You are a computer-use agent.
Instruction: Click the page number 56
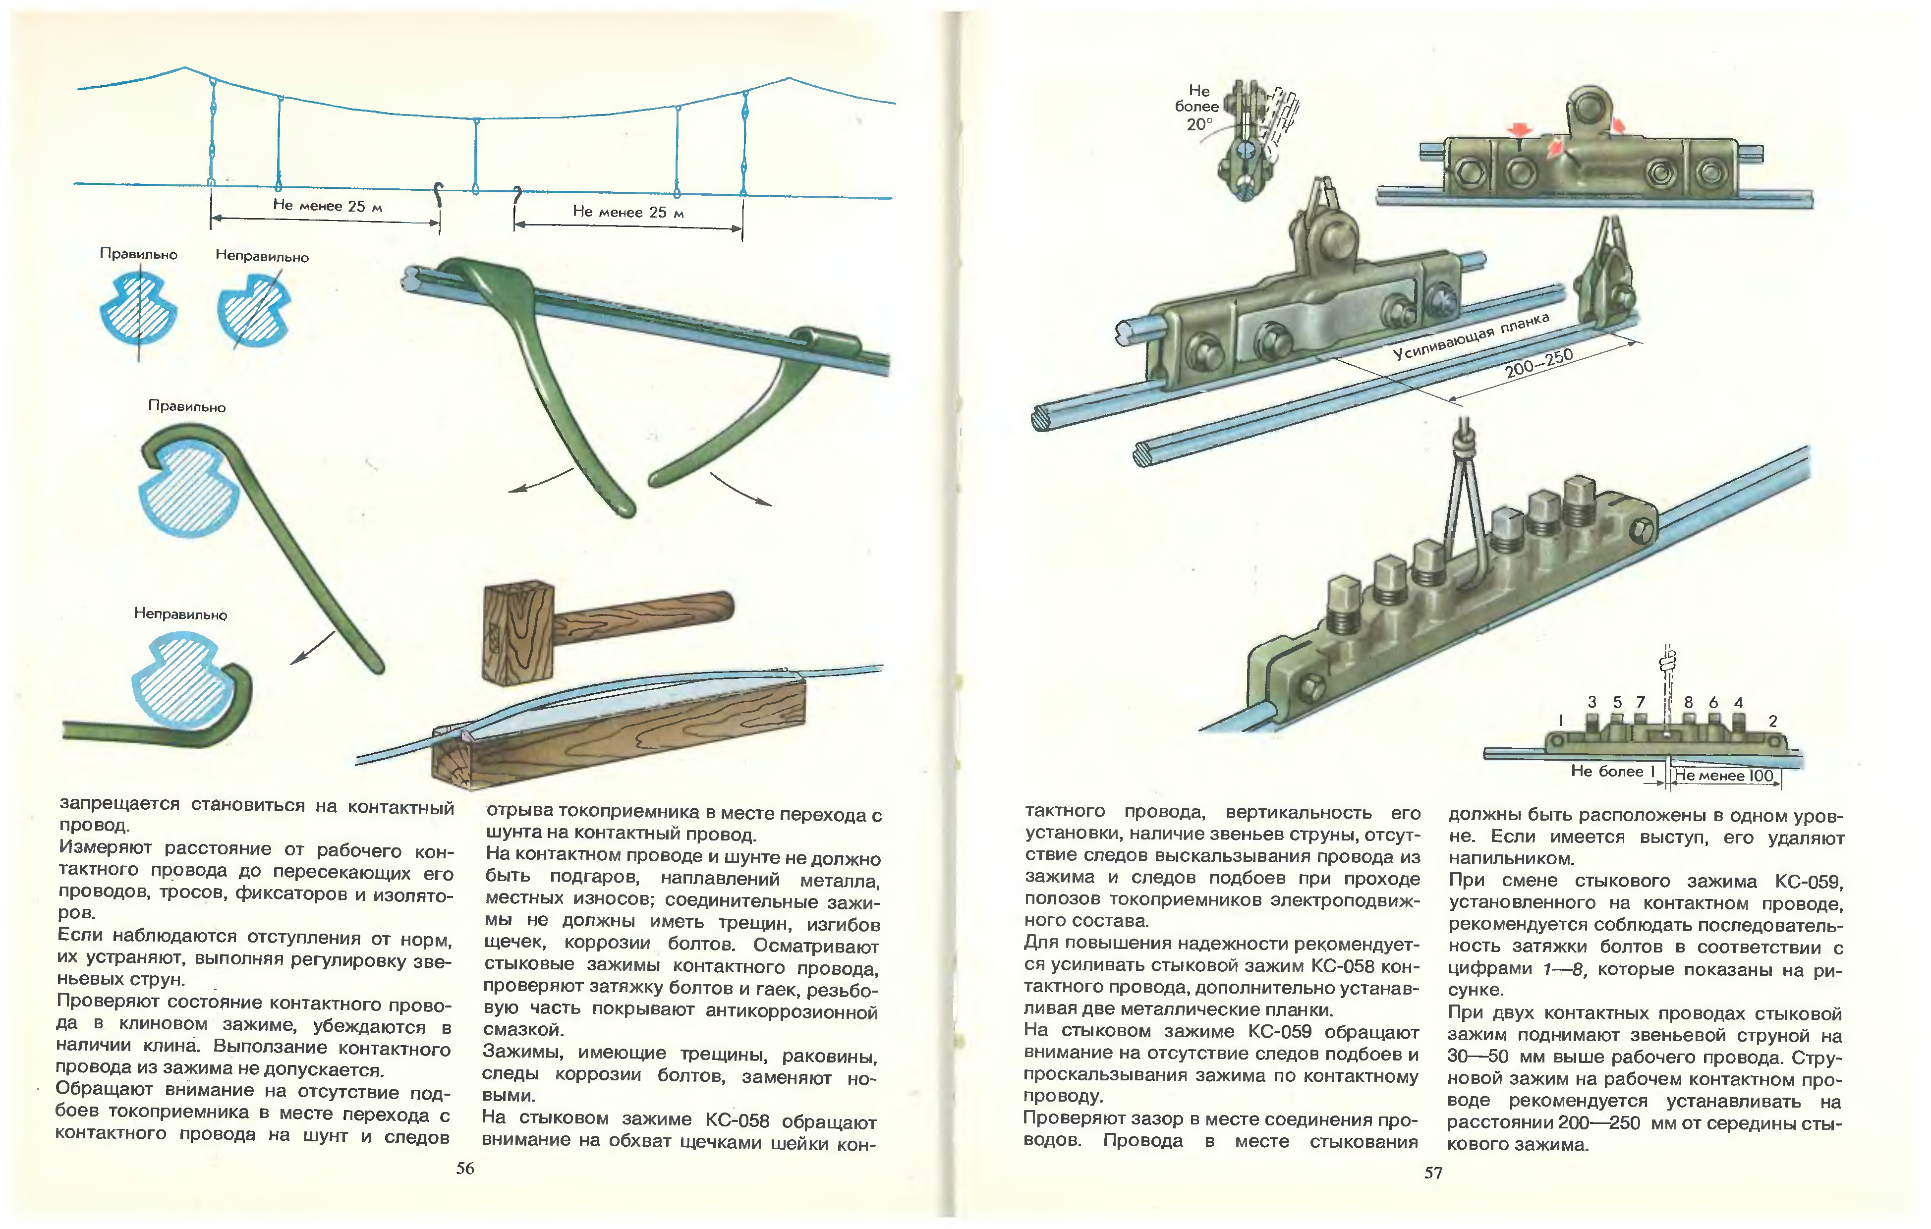click(x=465, y=1168)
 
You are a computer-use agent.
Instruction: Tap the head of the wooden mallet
click(x=518, y=633)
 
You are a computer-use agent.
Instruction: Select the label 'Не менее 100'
click(x=1724, y=775)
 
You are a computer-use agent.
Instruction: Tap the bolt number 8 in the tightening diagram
click(x=1688, y=702)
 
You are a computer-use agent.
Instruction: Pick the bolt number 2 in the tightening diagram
click(x=1773, y=721)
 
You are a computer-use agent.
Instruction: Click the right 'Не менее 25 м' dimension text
click(x=628, y=213)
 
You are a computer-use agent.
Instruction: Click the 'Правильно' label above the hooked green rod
click(x=187, y=406)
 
